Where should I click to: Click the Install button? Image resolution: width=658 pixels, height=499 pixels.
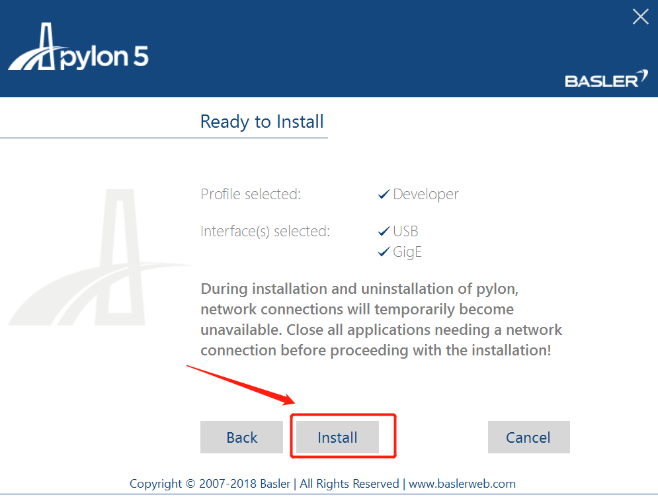click(337, 437)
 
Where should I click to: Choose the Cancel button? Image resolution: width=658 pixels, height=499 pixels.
click(528, 437)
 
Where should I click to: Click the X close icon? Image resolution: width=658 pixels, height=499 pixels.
click(640, 17)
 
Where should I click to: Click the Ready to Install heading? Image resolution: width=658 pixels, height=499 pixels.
click(262, 122)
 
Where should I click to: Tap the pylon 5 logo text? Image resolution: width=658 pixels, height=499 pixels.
click(105, 57)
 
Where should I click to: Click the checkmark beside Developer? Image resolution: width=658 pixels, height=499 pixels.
click(384, 195)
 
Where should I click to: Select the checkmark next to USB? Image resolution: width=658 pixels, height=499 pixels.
click(384, 232)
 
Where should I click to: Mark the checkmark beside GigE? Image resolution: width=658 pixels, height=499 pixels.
click(384, 252)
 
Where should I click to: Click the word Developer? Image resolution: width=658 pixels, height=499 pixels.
click(426, 195)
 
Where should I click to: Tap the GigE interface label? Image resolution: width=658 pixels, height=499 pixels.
click(407, 252)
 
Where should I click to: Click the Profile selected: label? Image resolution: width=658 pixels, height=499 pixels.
click(251, 195)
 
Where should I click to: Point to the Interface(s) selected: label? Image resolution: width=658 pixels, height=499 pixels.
click(265, 232)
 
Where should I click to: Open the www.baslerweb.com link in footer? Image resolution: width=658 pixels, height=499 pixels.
click(462, 484)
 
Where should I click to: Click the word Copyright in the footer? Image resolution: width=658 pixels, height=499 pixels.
click(156, 484)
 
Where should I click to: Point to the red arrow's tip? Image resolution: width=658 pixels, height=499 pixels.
click(293, 402)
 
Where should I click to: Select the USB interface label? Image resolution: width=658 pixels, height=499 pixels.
click(405, 232)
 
